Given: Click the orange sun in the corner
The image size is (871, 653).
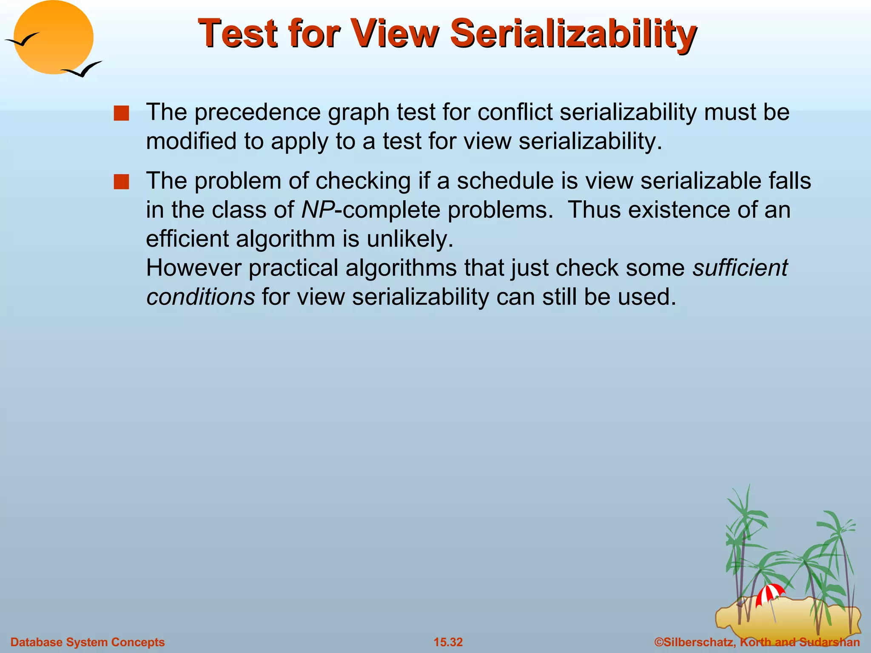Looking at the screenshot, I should pyautogui.click(x=54, y=37).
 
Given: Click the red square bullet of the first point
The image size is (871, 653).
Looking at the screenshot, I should pyautogui.click(x=121, y=114).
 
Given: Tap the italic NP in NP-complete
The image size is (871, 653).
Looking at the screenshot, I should pyautogui.click(x=317, y=210).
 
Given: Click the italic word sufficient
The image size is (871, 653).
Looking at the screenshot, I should pyautogui.click(x=740, y=268).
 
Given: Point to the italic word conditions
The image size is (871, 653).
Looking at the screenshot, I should pyautogui.click(x=200, y=297).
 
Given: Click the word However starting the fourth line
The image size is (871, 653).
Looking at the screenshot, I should pyautogui.click(x=194, y=268).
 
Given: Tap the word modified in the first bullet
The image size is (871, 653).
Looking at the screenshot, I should pyautogui.click(x=191, y=142).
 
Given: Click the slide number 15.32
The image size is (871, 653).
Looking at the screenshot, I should pyautogui.click(x=448, y=642).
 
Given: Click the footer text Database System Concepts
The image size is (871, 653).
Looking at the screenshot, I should pyautogui.click(x=88, y=642).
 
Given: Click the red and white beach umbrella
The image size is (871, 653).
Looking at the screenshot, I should pyautogui.click(x=769, y=593).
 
